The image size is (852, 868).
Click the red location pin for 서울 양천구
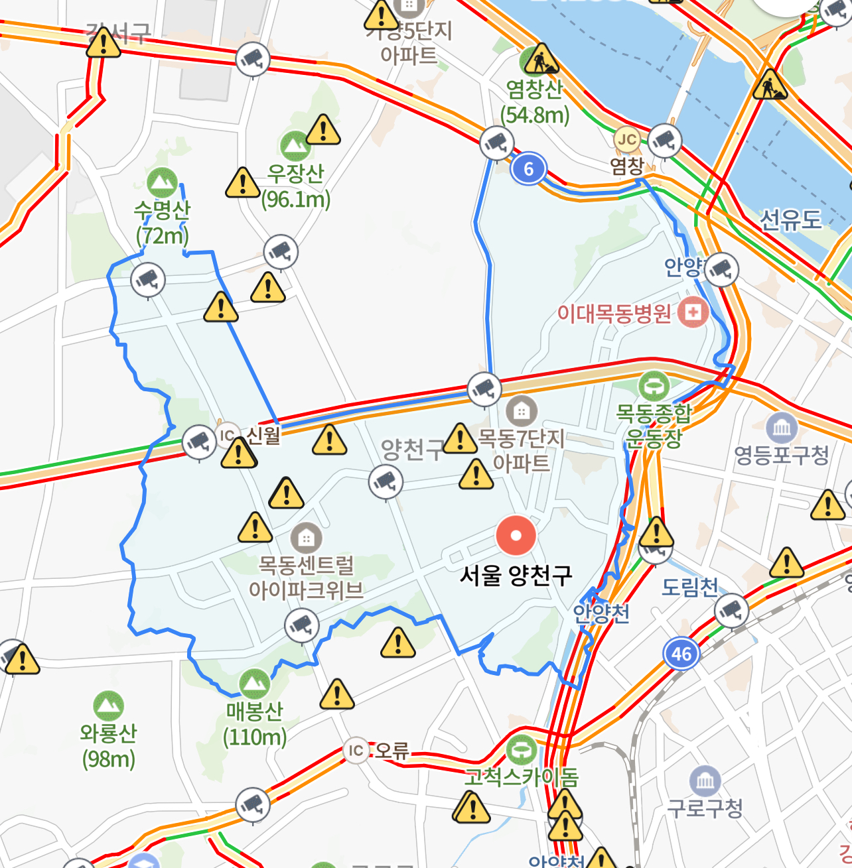pos(516,536)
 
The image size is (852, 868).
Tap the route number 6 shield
pos(528,169)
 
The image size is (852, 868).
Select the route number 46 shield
pos(681,654)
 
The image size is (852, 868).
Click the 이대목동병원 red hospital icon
pos(693,312)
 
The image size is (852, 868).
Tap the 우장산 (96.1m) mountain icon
pos(295,145)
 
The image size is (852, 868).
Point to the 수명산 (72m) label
pos(162,222)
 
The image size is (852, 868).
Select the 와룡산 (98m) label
pos(108,745)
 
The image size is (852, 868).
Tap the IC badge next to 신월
pos(228,435)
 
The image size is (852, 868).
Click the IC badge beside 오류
pos(356,751)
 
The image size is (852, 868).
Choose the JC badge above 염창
pos(627,139)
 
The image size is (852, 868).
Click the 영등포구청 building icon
pos(782,428)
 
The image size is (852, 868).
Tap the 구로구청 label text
pos(705,808)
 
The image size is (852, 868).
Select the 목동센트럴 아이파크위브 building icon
pos(306,538)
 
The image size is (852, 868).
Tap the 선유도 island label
pos(790,219)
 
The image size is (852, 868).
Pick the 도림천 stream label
pos(690,587)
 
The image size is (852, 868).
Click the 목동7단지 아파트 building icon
pos(522,411)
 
